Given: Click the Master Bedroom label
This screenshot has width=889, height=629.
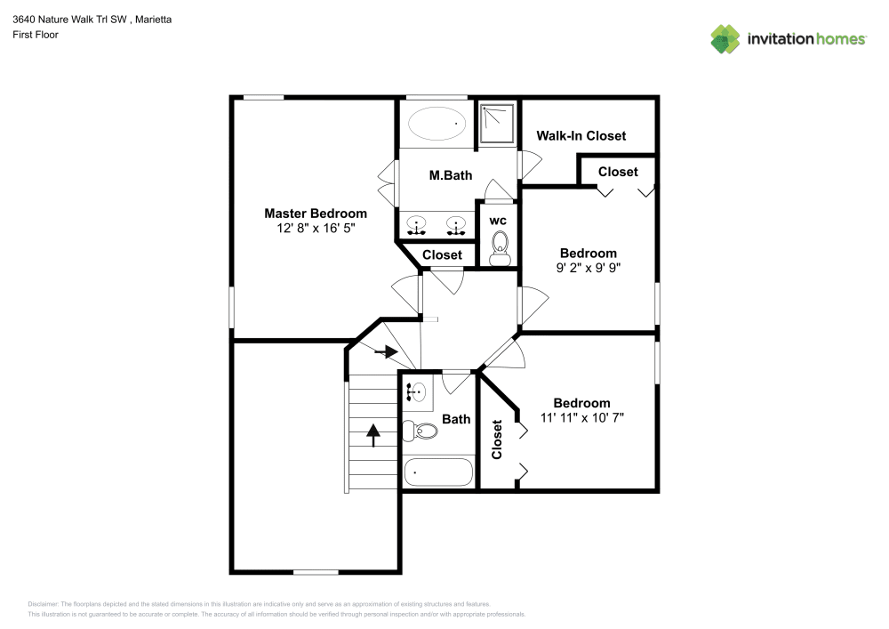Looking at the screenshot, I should [315, 214].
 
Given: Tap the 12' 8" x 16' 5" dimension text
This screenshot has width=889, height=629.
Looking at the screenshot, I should [315, 229].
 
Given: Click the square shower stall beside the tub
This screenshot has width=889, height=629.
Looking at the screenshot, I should [497, 124].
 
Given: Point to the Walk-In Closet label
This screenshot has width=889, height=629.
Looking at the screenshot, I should [581, 136].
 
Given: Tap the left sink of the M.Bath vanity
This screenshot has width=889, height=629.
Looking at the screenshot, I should [416, 226].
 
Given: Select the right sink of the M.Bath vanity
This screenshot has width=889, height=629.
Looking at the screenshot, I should [457, 226].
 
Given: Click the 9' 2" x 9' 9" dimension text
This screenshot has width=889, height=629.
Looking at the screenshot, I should [588, 268].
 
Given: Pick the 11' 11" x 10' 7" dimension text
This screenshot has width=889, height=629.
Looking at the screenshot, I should [582, 417].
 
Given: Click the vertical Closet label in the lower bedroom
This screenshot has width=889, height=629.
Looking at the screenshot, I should [497, 439].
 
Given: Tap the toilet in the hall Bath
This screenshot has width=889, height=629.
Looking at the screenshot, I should [420, 431].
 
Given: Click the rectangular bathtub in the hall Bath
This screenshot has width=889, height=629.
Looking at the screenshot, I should [438, 472].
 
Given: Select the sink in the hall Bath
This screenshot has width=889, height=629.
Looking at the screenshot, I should [416, 390].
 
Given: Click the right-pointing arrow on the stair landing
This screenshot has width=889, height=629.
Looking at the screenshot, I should [386, 352].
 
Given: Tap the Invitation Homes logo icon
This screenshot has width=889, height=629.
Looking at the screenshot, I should [725, 38].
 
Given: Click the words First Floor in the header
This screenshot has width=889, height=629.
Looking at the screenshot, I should [36, 35].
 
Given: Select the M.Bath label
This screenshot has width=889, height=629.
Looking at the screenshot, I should [450, 175].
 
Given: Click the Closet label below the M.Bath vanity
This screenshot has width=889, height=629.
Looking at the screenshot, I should [442, 255].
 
